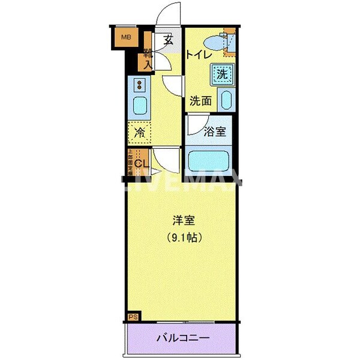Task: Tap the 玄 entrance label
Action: (x=169, y=40)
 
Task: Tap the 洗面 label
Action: (x=200, y=101)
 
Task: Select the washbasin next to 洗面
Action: (x=226, y=100)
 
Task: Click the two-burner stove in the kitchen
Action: (x=139, y=84)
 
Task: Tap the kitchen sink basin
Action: (x=137, y=106)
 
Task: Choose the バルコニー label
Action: (x=183, y=338)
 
